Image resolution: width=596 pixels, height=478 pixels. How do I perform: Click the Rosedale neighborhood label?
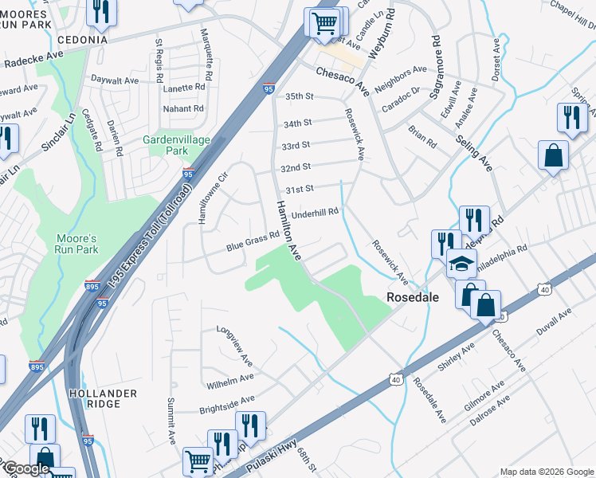point(414,296)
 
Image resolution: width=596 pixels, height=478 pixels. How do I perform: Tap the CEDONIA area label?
point(81,40)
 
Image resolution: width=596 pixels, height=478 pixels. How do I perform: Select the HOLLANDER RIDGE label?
point(103,398)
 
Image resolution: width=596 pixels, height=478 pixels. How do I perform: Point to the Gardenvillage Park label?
point(176,145)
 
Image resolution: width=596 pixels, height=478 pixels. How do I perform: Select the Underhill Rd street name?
point(316,213)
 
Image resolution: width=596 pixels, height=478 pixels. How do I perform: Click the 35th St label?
point(300,96)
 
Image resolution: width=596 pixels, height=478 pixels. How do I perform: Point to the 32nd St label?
point(295,168)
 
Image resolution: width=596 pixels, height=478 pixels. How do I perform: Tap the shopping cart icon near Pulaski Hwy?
point(198,460)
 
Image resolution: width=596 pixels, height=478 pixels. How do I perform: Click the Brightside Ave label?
point(225,402)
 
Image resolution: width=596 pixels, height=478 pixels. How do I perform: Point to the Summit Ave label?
point(171,420)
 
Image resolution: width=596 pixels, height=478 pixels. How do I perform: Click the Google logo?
point(26,469)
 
